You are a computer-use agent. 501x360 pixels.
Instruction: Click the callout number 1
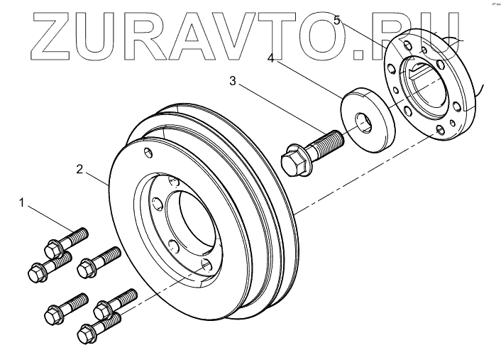click(x=23, y=204)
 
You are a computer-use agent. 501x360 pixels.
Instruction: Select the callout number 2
click(x=80, y=170)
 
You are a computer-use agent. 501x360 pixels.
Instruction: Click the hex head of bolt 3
click(x=294, y=160)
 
